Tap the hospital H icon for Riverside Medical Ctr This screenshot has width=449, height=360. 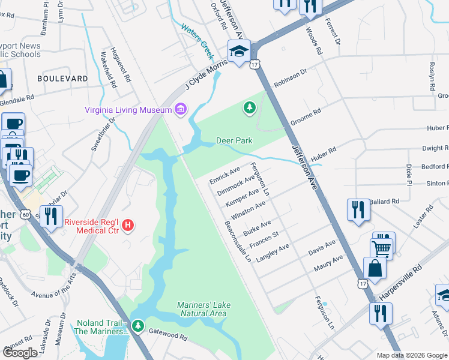[127, 226]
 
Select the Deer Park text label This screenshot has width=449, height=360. [234, 140]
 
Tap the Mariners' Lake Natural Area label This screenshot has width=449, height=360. [203, 309]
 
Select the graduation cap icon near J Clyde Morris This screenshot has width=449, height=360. [238, 50]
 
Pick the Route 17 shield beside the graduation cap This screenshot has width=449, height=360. [256, 64]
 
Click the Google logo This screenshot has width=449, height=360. [20, 353]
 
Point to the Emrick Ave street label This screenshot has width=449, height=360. [224, 172]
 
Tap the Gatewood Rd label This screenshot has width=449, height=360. [169, 335]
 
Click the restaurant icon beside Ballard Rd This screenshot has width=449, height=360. [358, 209]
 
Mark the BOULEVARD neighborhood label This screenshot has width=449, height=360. [62, 79]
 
